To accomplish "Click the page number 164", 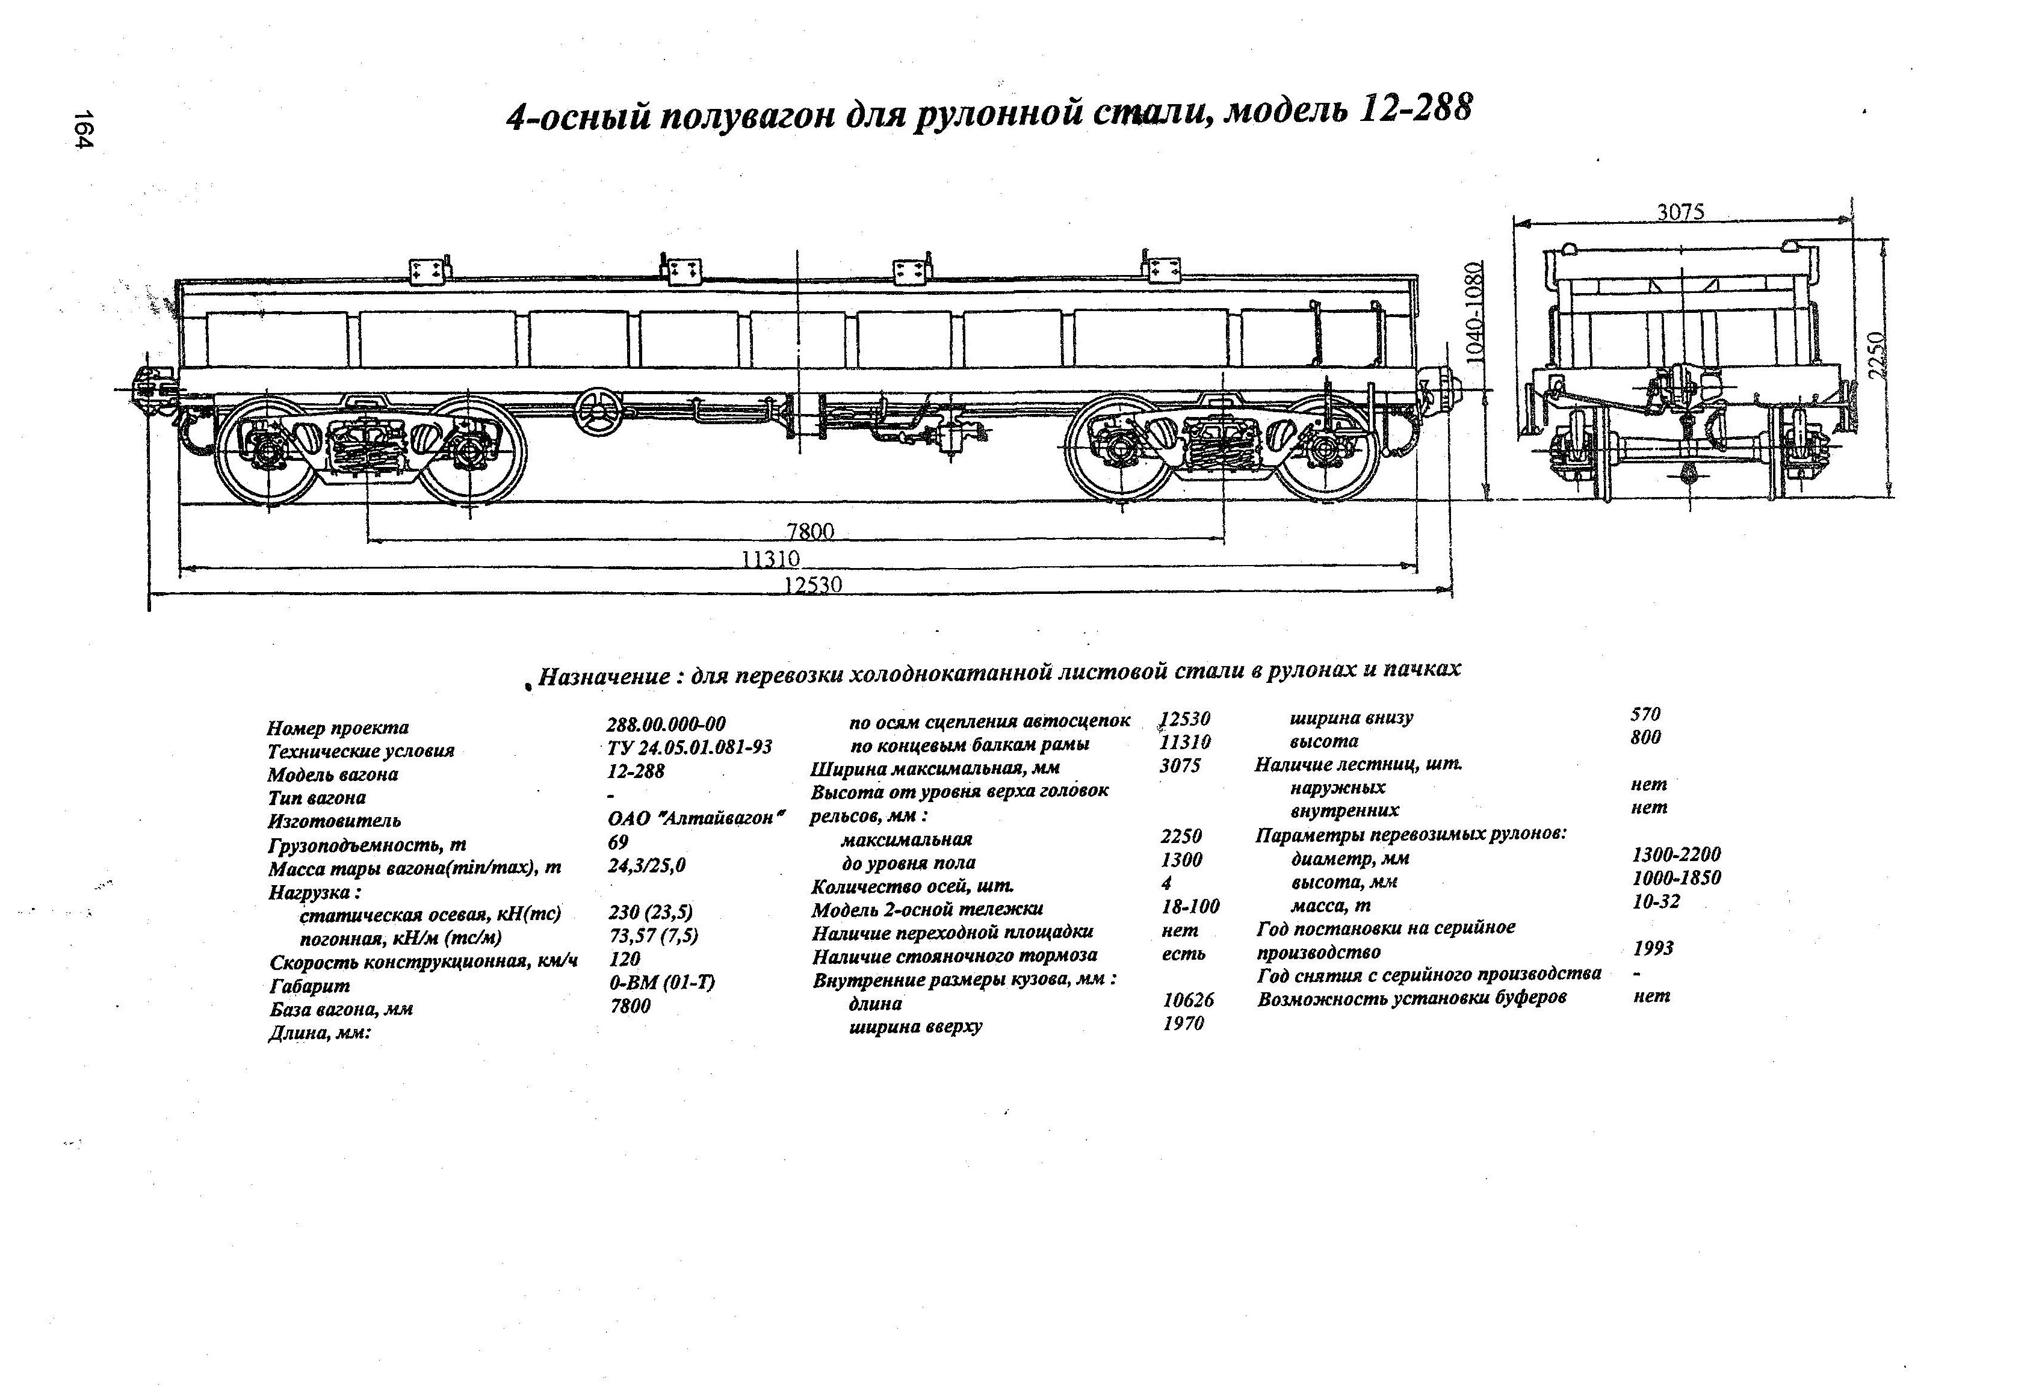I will (82, 130).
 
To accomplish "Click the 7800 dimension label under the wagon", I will (810, 531).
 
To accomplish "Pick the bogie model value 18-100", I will (1190, 906).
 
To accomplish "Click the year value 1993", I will (1653, 948).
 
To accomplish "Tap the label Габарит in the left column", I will (310, 986).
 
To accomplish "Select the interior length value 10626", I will (1188, 1000).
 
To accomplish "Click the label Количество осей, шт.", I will (912, 886).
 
